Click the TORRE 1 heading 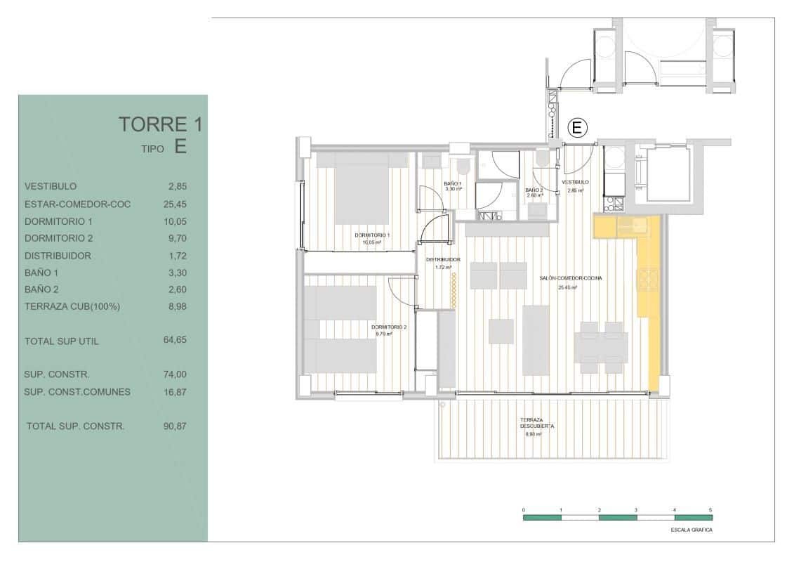160,125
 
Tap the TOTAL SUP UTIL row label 62,341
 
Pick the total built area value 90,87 176,426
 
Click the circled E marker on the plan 576,128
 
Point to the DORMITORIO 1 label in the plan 372,235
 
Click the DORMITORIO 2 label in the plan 389,327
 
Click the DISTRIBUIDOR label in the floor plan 443,259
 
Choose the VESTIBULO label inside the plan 575,182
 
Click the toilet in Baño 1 462,165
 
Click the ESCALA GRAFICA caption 692,530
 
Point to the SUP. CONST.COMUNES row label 77,392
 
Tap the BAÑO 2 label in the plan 534,190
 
